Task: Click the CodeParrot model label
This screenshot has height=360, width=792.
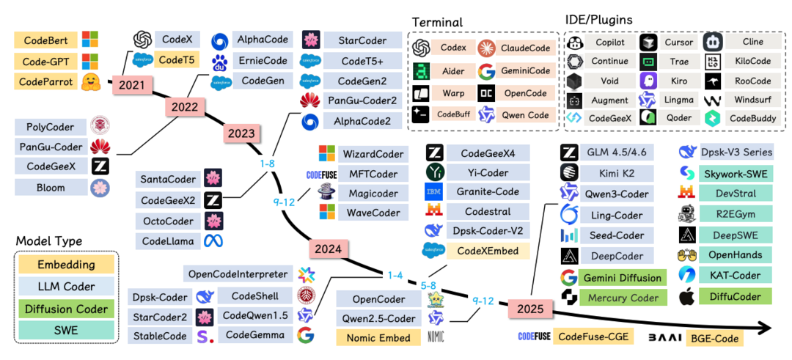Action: (x=45, y=81)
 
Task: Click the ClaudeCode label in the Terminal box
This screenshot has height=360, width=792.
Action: (x=524, y=48)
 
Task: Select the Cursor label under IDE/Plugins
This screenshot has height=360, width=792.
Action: (x=678, y=43)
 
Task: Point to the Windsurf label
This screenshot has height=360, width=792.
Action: (x=753, y=100)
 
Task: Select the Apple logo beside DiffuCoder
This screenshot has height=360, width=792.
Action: (x=686, y=297)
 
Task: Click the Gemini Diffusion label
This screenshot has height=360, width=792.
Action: (x=623, y=278)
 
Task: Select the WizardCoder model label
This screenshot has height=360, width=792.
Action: (x=373, y=154)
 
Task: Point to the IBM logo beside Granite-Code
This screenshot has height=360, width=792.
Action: (x=434, y=192)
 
